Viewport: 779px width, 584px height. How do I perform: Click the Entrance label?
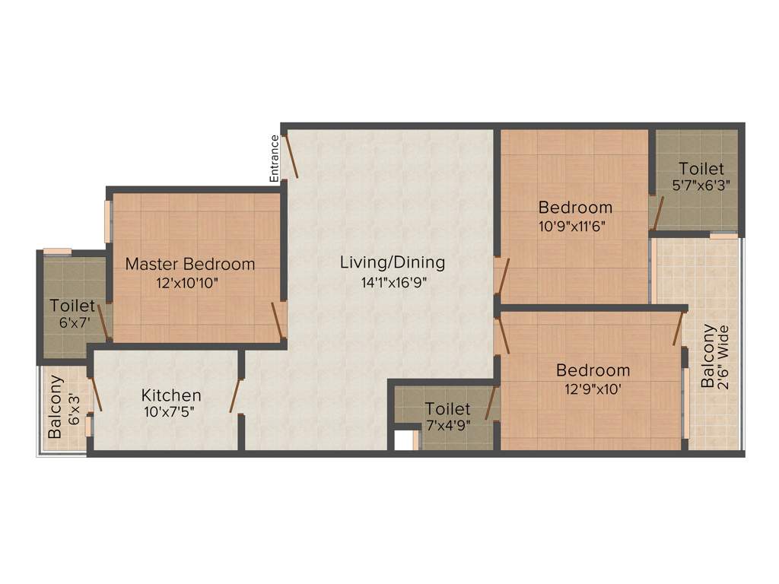tap(275, 158)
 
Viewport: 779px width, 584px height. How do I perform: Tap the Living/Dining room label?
tap(392, 263)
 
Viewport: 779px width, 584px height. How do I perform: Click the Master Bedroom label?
tap(190, 265)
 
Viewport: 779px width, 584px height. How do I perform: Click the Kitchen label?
tap(171, 395)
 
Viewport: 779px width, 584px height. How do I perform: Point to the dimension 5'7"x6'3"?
tap(701, 185)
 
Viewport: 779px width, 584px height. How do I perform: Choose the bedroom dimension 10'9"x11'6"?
tap(574, 225)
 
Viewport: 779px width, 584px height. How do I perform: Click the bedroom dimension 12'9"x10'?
tap(593, 389)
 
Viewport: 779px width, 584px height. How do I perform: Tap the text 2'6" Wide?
tap(724, 357)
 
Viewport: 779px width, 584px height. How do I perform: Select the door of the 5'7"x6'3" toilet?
tap(657, 213)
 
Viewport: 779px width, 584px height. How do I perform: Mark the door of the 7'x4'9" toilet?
tap(491, 403)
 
